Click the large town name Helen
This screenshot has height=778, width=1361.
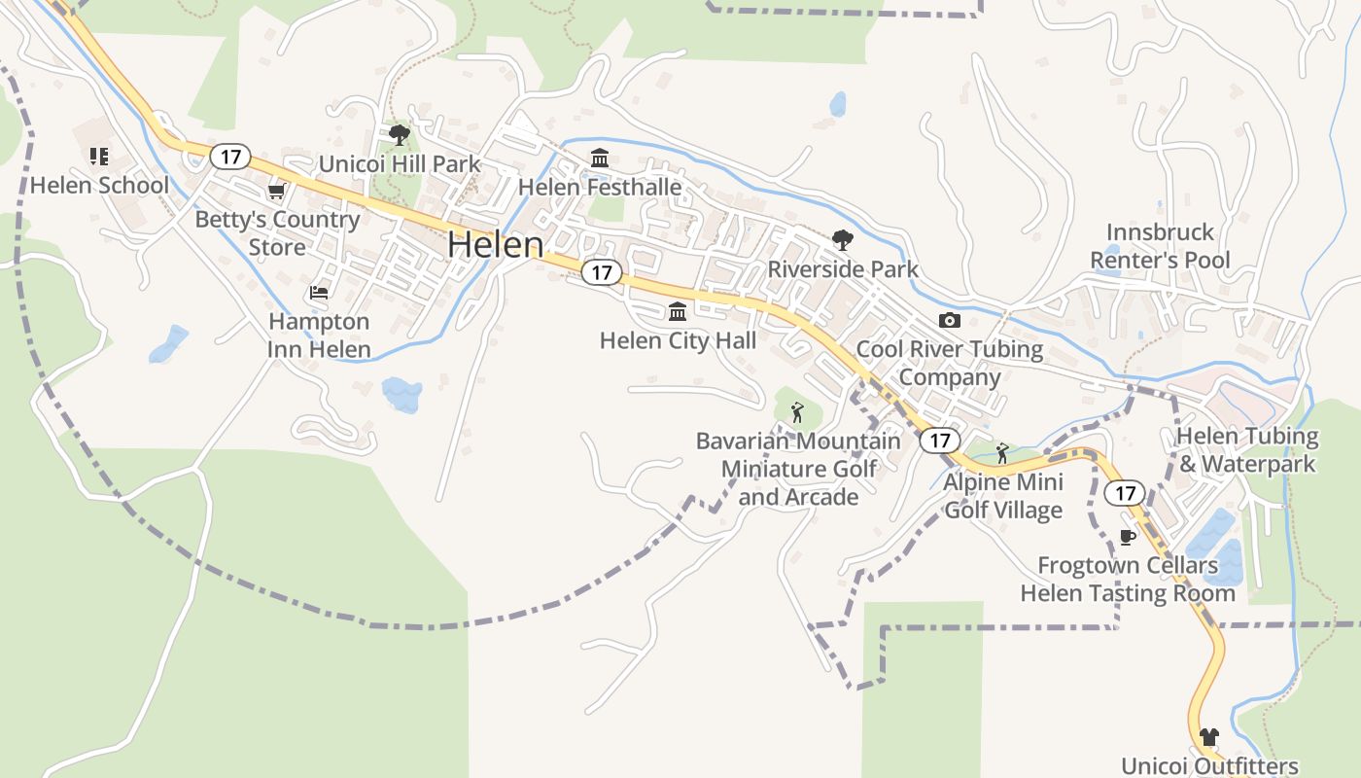(495, 244)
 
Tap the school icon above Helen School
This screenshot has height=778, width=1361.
(98, 157)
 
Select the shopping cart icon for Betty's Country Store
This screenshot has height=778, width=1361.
(277, 191)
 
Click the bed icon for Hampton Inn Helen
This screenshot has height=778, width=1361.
(319, 292)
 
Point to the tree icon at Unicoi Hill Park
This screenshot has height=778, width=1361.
(399, 135)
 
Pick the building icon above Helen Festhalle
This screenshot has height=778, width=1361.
(600, 158)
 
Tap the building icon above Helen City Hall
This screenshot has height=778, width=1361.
(678, 312)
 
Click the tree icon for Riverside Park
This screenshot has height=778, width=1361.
(842, 240)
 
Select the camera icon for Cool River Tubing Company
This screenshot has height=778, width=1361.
(950, 320)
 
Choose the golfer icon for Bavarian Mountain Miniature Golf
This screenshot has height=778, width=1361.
(797, 412)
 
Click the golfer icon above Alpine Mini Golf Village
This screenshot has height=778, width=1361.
(1002, 453)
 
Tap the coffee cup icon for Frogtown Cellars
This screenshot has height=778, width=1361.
(1128, 537)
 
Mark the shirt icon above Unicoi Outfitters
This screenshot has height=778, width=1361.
(1209, 737)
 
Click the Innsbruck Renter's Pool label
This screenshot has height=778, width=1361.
(1160, 246)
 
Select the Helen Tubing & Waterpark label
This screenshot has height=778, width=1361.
(1247, 449)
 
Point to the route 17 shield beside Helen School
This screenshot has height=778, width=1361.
(230, 156)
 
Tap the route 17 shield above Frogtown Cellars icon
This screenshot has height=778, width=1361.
(1125, 493)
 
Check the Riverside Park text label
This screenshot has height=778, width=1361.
(843, 269)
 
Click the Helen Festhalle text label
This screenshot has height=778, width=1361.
(600, 187)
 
